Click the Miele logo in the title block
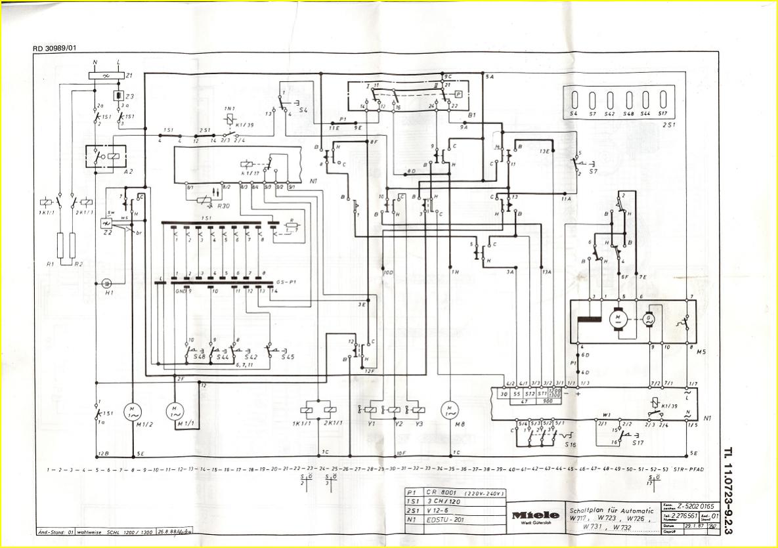(536, 515)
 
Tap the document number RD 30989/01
(54, 48)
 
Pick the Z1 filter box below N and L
(106, 76)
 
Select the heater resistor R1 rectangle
(60, 246)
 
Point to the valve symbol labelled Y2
(394, 410)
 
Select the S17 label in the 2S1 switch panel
(662, 114)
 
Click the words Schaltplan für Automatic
(611, 510)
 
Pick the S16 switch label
(571, 445)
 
